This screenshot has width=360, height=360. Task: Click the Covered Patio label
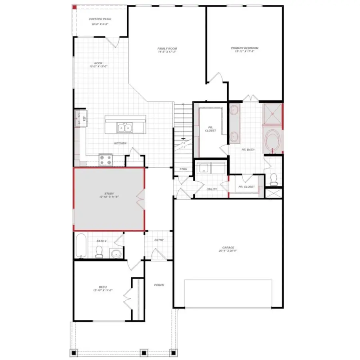pos(100,19)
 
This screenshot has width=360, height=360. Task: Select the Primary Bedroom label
pos(244,48)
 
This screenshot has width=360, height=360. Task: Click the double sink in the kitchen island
pos(125,128)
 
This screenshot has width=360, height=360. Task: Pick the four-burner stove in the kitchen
pos(106,160)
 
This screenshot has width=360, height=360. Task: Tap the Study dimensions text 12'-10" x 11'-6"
pos(109,197)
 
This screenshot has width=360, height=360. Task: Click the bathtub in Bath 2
pos(81,245)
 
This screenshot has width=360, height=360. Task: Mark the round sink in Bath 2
pos(116,253)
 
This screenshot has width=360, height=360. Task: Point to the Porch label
pos(159,285)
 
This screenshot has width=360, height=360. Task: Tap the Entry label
pos(159,240)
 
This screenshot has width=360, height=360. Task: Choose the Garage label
pos(228,248)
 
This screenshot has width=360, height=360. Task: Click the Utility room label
pos(212,189)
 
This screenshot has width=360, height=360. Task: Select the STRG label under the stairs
pos(183,169)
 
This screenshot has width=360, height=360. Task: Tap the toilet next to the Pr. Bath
pos(274,179)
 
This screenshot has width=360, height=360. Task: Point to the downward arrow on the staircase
pos(183,138)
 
